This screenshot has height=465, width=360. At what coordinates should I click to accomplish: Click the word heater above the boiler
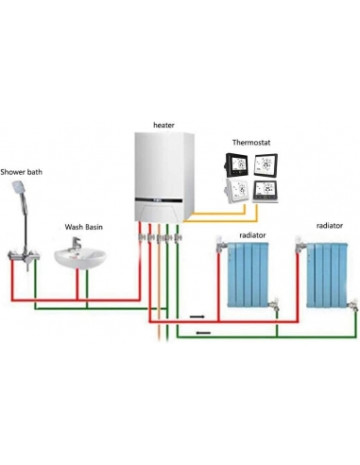pos(164,125)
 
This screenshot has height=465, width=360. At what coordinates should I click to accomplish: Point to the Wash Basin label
pos(83,227)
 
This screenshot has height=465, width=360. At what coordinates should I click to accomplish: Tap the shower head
pos(17,192)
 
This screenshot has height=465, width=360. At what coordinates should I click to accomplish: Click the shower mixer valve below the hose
pos(20,256)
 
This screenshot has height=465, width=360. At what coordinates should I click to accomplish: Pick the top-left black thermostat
pos(237,165)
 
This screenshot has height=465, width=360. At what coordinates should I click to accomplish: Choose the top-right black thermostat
pos(266,165)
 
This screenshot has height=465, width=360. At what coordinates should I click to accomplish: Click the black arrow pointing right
pos(197,317)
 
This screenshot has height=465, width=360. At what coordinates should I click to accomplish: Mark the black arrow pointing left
pos(203,333)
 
